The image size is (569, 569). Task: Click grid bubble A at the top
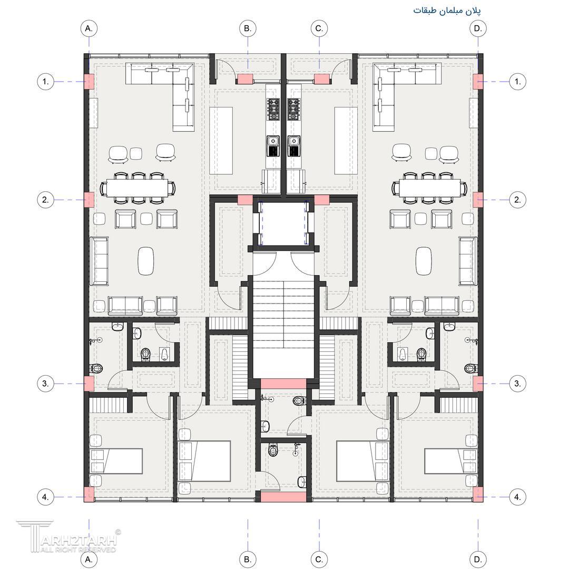(x=89, y=28)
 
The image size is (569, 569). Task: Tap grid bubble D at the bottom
(x=478, y=559)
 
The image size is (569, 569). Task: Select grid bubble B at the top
(x=248, y=28)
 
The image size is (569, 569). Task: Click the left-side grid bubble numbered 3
(x=45, y=384)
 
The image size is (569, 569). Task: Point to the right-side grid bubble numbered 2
(x=517, y=200)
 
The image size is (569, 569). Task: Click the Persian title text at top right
(x=447, y=11)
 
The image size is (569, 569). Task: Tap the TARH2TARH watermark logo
(x=67, y=536)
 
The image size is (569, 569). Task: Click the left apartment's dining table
(x=138, y=188)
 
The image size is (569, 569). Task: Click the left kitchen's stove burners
(x=273, y=109)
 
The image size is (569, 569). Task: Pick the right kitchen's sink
(x=293, y=141)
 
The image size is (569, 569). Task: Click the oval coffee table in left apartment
(x=146, y=261)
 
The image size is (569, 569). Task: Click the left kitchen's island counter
(x=221, y=141)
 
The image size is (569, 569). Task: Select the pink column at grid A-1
(x=89, y=81)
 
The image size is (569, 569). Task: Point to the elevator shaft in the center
(x=283, y=223)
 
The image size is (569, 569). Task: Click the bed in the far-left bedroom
(x=116, y=461)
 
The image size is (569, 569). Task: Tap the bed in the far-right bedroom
(x=450, y=461)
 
